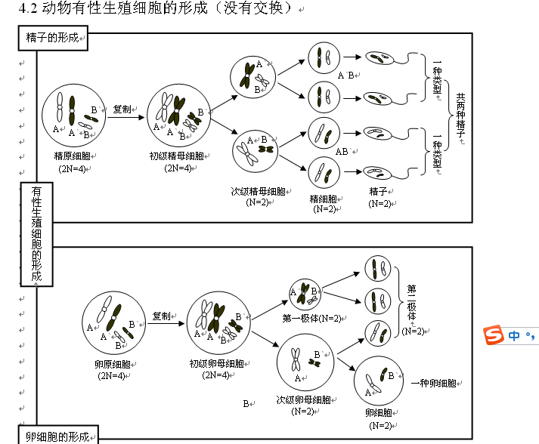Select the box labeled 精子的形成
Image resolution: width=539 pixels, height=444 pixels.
click(x=53, y=39)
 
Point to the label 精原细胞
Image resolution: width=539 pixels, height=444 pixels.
click(x=72, y=156)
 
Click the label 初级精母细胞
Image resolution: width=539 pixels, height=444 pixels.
click(x=176, y=156)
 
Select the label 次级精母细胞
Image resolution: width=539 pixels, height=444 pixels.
click(x=258, y=192)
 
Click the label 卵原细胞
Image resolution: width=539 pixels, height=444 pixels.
click(x=113, y=364)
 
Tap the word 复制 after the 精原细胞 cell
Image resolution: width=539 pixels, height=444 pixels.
click(x=122, y=109)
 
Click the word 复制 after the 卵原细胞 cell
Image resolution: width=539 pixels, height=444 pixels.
click(x=162, y=316)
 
